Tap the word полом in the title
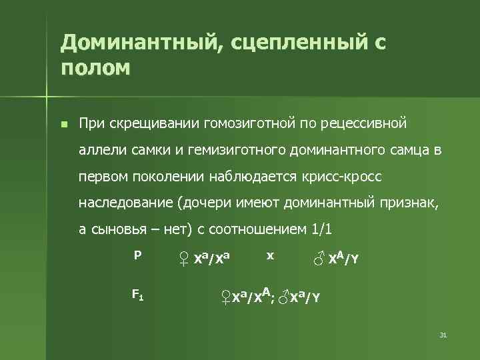click(95, 68)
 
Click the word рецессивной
click(363, 124)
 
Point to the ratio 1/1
click(322, 229)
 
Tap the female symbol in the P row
click(184, 258)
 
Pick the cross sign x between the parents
click(269, 255)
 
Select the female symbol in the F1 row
click(225, 295)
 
